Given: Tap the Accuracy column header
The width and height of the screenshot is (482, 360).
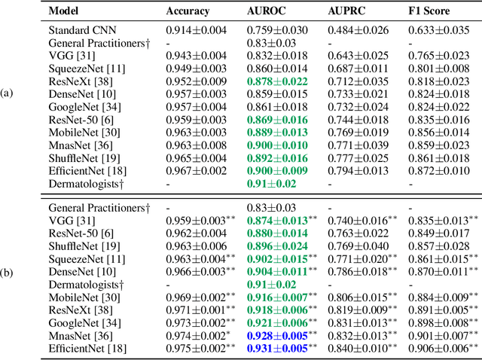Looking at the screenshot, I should point(188,12).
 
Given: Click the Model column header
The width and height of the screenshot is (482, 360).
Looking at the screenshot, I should point(64,12).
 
